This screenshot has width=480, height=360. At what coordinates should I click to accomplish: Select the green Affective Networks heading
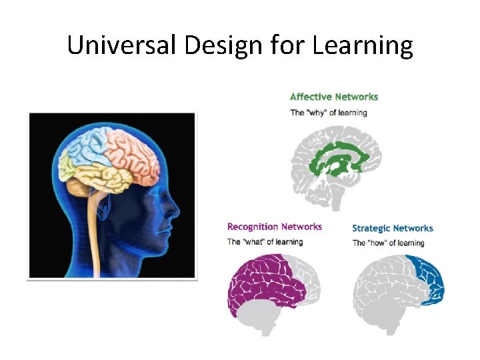click(334, 97)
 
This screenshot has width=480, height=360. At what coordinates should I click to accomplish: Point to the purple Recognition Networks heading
click(275, 227)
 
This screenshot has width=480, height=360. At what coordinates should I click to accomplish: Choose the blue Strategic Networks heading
click(393, 228)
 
